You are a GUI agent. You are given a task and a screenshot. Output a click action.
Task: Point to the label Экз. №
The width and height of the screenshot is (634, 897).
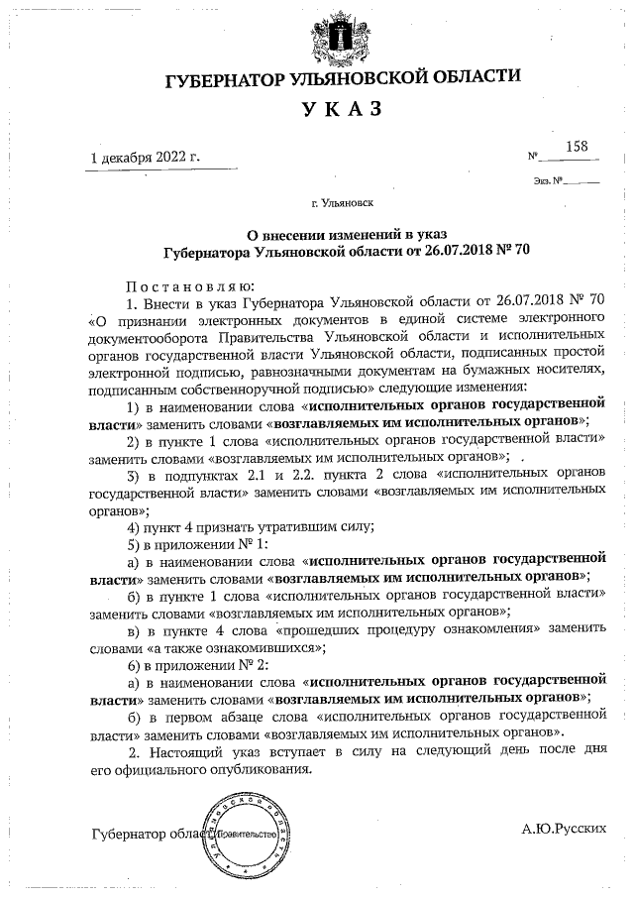click(547, 180)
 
